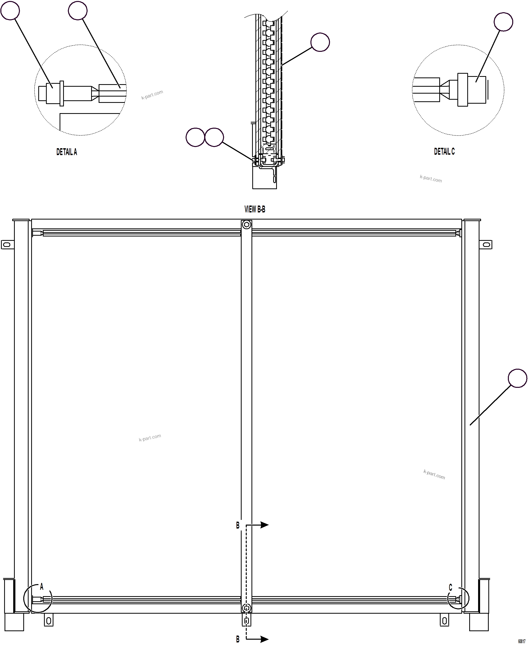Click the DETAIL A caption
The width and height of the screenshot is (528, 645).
[x=67, y=152]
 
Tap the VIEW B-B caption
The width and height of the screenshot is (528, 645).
[x=255, y=209]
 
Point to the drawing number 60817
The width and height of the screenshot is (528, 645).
[x=522, y=641]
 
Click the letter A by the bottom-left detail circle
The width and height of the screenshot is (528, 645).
[x=42, y=587]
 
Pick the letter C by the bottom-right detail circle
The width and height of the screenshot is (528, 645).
[x=450, y=588]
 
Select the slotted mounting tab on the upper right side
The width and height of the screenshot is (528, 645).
[x=486, y=245]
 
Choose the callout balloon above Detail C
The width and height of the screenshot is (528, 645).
[x=503, y=22]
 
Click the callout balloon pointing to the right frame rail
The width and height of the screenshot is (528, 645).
[x=517, y=378]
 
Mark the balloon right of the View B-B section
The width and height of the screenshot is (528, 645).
[x=320, y=42]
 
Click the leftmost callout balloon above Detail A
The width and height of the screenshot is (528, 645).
[x=10, y=10]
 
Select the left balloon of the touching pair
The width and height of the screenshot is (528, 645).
[x=195, y=137]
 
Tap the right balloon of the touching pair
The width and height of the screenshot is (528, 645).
[x=214, y=137]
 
